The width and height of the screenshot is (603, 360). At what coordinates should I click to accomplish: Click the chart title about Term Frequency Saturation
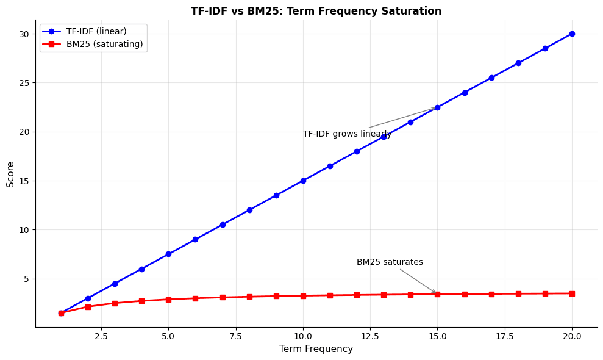click(x=316, y=11)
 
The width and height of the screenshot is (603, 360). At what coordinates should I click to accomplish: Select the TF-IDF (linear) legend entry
click(x=96, y=31)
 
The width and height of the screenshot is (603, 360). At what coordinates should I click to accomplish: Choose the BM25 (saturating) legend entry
click(x=104, y=44)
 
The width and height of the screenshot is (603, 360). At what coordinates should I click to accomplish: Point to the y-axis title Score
click(x=10, y=174)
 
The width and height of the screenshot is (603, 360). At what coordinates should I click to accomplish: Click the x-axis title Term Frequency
click(x=316, y=349)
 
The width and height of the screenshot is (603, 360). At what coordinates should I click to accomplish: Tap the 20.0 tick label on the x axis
click(x=572, y=336)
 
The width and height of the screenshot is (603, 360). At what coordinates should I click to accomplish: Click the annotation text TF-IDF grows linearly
click(x=347, y=134)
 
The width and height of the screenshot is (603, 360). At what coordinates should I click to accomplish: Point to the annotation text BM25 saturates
click(x=390, y=262)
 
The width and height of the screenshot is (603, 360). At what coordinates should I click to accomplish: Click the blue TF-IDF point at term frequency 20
click(x=572, y=34)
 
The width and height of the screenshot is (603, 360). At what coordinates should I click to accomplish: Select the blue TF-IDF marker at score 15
click(x=303, y=181)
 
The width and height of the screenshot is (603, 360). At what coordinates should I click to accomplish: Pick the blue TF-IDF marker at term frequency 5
click(x=168, y=254)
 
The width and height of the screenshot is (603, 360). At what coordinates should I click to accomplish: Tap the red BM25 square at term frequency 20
click(x=572, y=293)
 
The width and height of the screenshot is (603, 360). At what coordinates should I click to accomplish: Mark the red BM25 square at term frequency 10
click(x=303, y=296)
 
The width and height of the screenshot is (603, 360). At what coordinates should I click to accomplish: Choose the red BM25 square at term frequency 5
click(x=168, y=300)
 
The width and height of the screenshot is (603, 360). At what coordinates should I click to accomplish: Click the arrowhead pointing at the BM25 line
click(x=435, y=293)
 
